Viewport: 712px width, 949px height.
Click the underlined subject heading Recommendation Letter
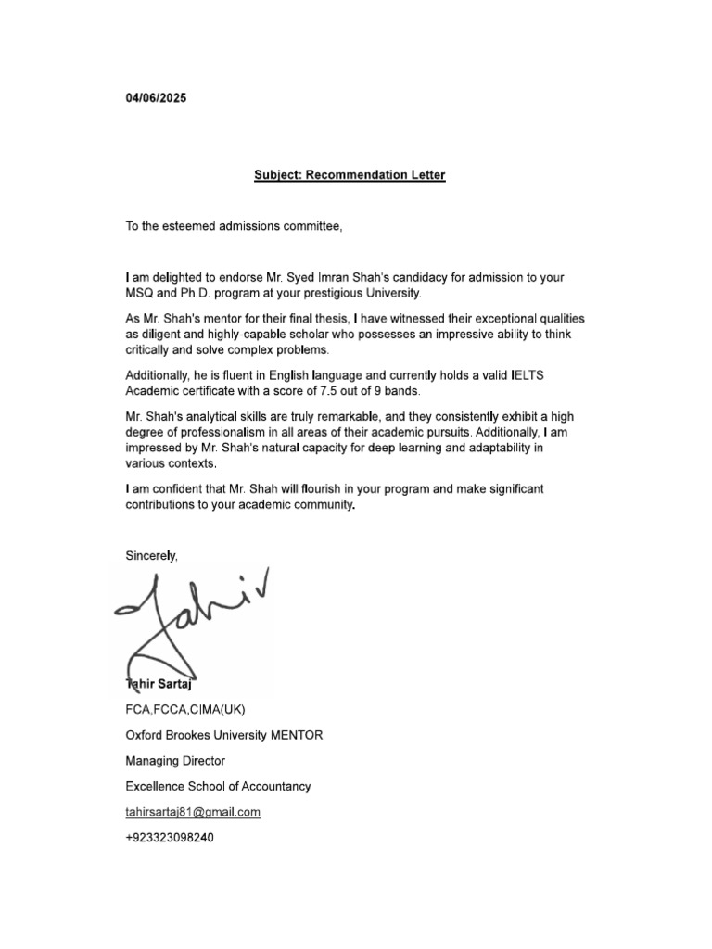click(350, 175)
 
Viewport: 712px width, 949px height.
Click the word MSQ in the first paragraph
click(139, 293)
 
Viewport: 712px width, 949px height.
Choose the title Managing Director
click(175, 761)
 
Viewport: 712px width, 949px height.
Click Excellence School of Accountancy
click(218, 786)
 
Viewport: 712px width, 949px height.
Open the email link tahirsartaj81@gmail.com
click(193, 812)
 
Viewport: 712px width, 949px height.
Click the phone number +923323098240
click(173, 837)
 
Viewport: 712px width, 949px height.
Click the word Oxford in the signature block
click(145, 736)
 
